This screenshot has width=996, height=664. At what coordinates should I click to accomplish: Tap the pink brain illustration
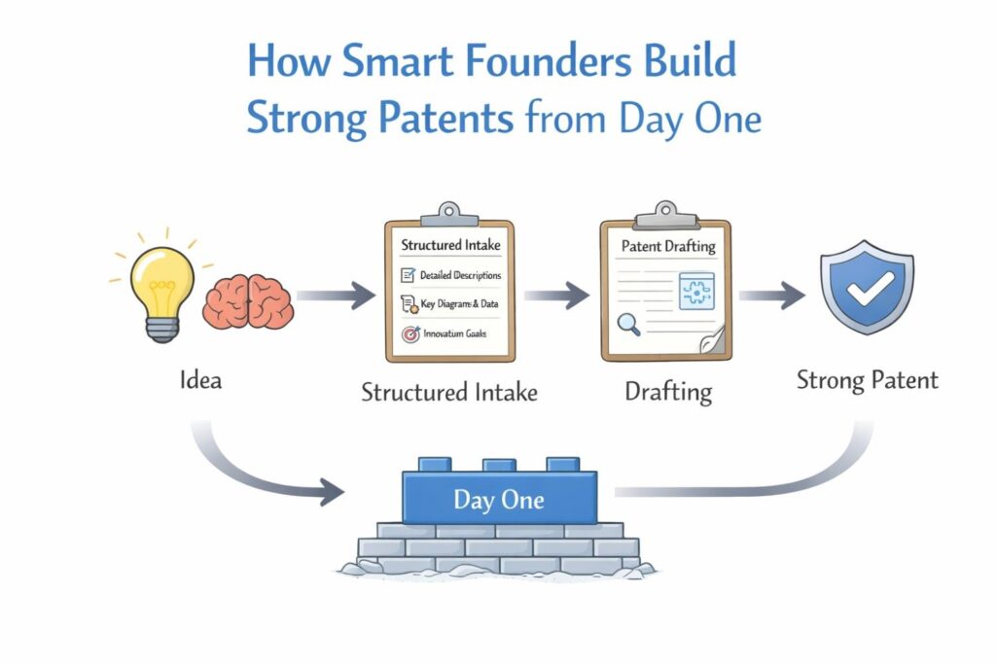(x=247, y=300)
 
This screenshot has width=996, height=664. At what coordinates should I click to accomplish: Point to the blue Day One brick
(x=499, y=499)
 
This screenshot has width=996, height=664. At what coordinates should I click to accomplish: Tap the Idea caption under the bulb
(x=200, y=379)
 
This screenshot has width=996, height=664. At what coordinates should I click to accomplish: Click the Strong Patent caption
(x=867, y=379)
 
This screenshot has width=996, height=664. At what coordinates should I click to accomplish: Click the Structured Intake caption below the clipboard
(x=449, y=392)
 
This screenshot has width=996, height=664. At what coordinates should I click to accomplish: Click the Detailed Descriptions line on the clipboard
(x=460, y=275)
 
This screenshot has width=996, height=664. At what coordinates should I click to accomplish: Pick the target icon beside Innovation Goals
(x=409, y=333)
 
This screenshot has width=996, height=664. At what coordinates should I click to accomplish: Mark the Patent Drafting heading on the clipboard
(x=667, y=246)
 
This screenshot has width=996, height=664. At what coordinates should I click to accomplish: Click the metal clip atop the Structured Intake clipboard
(x=448, y=213)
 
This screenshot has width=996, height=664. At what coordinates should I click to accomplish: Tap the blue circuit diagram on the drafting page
(x=695, y=290)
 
